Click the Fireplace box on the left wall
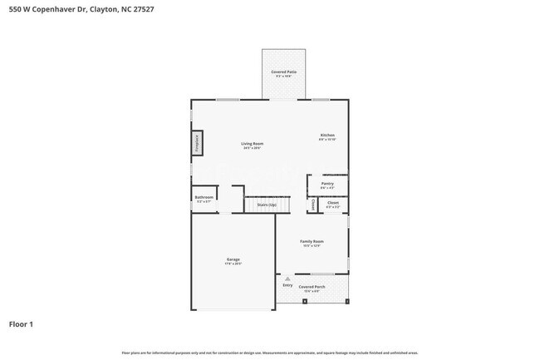pyautogui.click(x=198, y=143)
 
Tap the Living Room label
pyautogui.click(x=253, y=144)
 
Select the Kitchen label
pyautogui.click(x=327, y=136)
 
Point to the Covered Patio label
pyautogui.click(x=284, y=72)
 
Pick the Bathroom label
pyautogui.click(x=204, y=197)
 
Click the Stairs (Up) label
pyautogui.click(x=266, y=204)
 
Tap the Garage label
pyautogui.click(x=233, y=259)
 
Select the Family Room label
pyautogui.click(x=312, y=241)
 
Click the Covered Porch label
pyautogui.click(x=312, y=286)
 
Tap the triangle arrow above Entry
pyautogui.click(x=287, y=279)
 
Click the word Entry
pyautogui.click(x=287, y=285)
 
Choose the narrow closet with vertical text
pyautogui.click(x=312, y=204)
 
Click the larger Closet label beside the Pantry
pyautogui.click(x=332, y=202)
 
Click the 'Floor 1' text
pyautogui.click(x=21, y=323)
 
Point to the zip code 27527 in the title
pyautogui.click(x=141, y=9)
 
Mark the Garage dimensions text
pyautogui.click(x=233, y=264)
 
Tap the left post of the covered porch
pyautogui.click(x=305, y=302)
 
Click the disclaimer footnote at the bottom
pyautogui.click(x=270, y=353)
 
